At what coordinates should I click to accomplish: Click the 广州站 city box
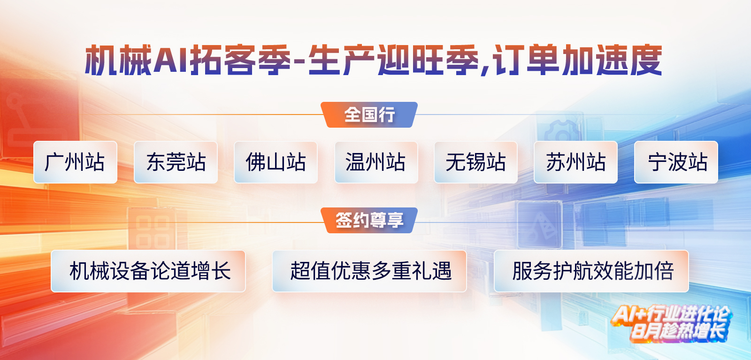[76, 162]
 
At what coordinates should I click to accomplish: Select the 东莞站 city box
[176, 162]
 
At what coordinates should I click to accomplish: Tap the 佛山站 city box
[276, 162]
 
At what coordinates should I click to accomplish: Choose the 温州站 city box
[376, 162]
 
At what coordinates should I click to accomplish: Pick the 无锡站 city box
[476, 162]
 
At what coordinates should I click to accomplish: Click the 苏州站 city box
[575, 162]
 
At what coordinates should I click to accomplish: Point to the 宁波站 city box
[676, 162]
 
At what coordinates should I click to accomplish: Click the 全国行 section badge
[369, 115]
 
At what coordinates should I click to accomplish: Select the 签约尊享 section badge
[369, 220]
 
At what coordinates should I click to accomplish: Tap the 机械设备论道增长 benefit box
[148, 271]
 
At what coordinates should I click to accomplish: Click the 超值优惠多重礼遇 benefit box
[369, 271]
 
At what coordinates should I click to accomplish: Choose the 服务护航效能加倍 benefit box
[591, 271]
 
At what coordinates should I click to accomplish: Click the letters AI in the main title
[170, 61]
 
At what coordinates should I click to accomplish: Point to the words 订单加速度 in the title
[577, 61]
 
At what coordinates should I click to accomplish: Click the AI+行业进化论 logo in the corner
[672, 323]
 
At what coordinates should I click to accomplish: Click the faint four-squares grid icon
[153, 232]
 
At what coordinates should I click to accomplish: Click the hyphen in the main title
[299, 61]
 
